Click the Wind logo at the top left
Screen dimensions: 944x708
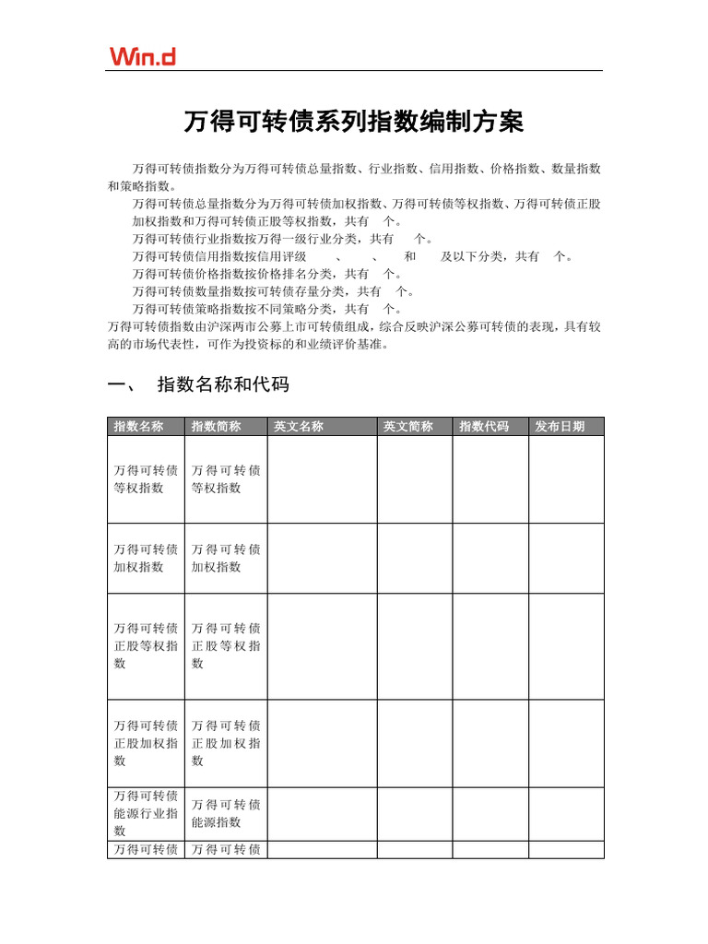[x=142, y=56]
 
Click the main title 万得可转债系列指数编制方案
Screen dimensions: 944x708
[x=354, y=122]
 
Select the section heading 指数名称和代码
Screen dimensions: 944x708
[x=223, y=384]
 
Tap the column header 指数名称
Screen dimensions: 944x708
[x=138, y=427]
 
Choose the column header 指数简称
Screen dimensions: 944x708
[x=216, y=427]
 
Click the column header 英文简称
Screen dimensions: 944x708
[x=408, y=427]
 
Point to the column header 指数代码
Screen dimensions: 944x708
[x=484, y=427]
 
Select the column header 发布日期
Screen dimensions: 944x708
[x=560, y=427]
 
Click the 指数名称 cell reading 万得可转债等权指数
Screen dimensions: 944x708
[x=146, y=479]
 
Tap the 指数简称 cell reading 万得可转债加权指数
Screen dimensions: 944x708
[x=226, y=558]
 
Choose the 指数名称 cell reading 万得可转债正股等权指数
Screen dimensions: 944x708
[x=146, y=645]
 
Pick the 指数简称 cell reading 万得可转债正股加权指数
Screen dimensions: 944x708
[x=226, y=743]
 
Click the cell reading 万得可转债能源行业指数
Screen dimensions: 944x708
[x=146, y=813]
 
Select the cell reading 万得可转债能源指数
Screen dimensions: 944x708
[x=226, y=813]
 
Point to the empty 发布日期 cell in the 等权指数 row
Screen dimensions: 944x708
[x=566, y=479]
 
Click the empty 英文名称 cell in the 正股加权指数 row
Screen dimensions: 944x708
[x=322, y=743]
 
